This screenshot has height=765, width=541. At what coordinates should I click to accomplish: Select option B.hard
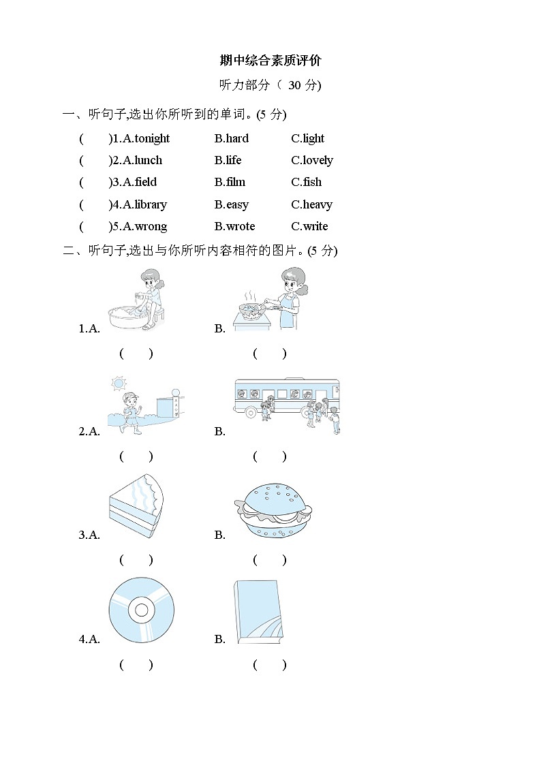232,138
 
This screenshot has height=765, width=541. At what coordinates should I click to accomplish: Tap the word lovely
318,160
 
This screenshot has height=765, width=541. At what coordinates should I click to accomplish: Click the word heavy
318,204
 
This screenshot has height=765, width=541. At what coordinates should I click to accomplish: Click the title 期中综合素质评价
270,61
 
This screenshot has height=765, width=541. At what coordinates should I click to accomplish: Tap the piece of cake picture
137,508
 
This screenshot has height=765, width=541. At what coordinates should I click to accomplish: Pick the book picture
258,612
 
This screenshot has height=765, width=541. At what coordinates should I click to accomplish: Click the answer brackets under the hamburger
270,560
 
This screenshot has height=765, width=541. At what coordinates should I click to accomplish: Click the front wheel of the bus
251,412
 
